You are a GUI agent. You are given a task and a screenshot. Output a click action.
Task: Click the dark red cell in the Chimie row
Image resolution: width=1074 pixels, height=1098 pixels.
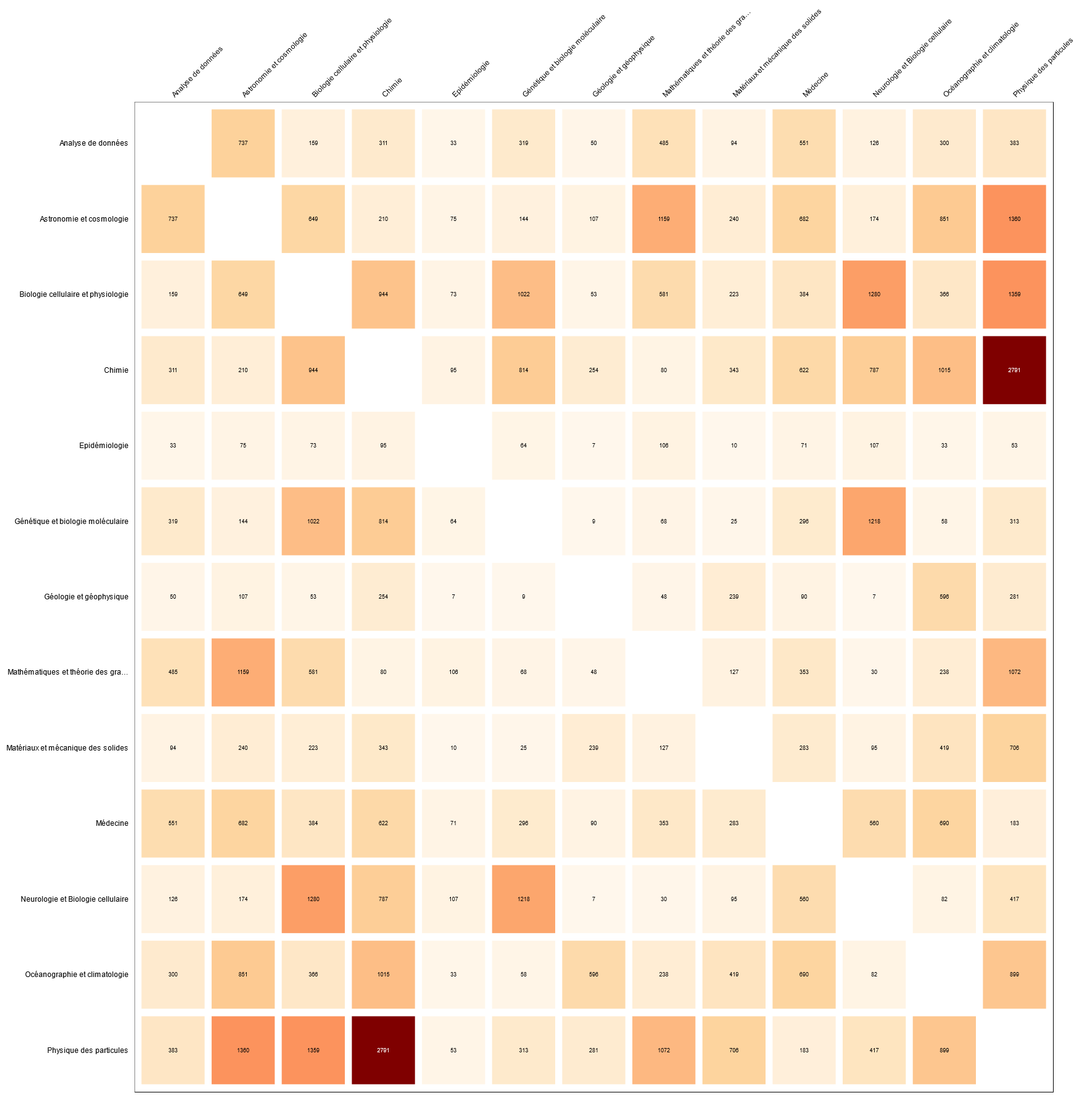[1014, 370]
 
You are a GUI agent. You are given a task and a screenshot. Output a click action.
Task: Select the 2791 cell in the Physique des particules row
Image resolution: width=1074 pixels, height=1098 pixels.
[383, 1050]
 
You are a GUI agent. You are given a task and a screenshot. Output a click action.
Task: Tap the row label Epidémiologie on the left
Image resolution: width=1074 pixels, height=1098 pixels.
[104, 446]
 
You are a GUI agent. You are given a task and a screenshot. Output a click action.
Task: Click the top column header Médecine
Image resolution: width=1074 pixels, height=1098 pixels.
[816, 85]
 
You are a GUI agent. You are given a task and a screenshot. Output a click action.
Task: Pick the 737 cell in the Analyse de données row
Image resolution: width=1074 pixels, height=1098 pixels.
[243, 143]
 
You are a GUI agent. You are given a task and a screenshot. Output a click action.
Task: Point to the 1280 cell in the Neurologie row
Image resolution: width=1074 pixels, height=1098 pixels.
[313, 899]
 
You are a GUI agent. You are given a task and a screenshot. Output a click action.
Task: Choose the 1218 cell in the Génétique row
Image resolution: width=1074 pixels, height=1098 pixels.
[874, 522]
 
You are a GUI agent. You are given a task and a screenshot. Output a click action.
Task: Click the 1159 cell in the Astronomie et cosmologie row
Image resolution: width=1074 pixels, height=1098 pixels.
[664, 219]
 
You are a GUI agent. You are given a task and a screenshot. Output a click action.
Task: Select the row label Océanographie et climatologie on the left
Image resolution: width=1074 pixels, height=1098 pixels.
[76, 975]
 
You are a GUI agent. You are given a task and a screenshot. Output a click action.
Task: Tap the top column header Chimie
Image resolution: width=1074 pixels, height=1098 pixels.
[392, 87]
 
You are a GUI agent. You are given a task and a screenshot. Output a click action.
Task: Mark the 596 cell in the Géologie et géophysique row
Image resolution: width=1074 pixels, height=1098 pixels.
[944, 597]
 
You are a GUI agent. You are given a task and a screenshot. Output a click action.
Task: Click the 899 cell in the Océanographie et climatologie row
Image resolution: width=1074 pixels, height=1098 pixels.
[1014, 975]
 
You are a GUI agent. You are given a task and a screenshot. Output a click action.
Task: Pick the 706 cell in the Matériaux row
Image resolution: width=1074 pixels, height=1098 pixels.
[1014, 748]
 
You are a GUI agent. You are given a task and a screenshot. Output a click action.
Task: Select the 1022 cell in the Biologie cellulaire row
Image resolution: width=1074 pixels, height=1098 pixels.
[524, 294]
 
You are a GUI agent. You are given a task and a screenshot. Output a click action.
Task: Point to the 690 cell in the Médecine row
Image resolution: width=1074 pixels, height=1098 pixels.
[944, 823]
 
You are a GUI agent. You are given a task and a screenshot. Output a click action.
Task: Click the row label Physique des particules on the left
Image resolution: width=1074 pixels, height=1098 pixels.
[88, 1050]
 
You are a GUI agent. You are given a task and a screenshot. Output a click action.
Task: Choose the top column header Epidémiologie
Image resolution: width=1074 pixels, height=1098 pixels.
[471, 78]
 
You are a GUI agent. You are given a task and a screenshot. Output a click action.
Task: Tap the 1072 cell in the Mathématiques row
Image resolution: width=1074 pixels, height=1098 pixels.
[1014, 672]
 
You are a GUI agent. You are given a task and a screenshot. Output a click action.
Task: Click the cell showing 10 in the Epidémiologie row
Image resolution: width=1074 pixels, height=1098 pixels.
[734, 446]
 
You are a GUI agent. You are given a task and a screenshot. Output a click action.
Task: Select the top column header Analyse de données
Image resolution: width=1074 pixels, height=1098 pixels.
[197, 72]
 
